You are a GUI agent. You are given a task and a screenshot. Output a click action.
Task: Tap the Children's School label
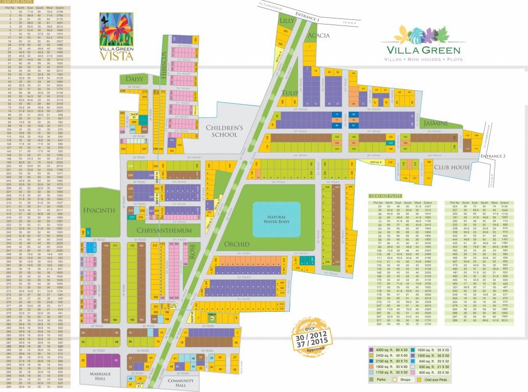221,131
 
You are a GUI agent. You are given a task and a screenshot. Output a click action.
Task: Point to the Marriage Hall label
99,376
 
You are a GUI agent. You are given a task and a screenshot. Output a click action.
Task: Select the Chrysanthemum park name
164,231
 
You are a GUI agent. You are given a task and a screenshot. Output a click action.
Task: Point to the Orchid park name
236,244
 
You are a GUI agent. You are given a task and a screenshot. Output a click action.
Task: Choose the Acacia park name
318,36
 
